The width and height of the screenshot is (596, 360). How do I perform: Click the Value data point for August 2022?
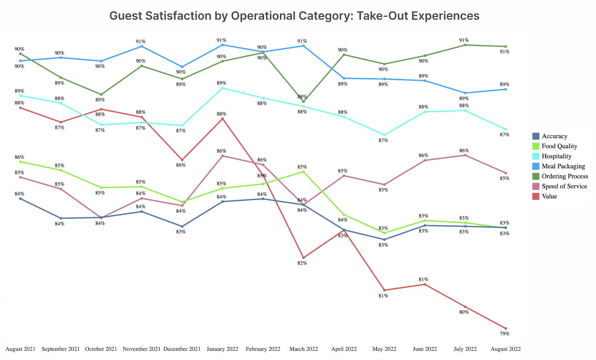coord(506,328)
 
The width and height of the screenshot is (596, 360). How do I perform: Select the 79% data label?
coord(504,334)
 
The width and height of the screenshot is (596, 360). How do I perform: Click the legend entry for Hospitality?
coord(556,156)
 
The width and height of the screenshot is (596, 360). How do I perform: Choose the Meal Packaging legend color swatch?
coord(536,166)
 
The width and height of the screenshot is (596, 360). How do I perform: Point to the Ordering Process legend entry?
coord(565,176)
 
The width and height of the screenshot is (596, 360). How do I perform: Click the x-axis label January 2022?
coord(222,349)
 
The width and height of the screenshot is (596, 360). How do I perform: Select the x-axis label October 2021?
coord(101,349)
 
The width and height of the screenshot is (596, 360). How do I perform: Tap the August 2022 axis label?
coord(505,349)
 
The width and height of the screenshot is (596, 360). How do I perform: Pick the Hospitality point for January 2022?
coord(223,88)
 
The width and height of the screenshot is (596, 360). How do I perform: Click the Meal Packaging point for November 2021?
coord(142,46)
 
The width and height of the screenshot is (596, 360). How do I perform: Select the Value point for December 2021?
coord(182,160)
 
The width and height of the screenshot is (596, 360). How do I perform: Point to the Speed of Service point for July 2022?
coord(465,155)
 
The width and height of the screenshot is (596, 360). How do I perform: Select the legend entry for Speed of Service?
coord(564,186)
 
